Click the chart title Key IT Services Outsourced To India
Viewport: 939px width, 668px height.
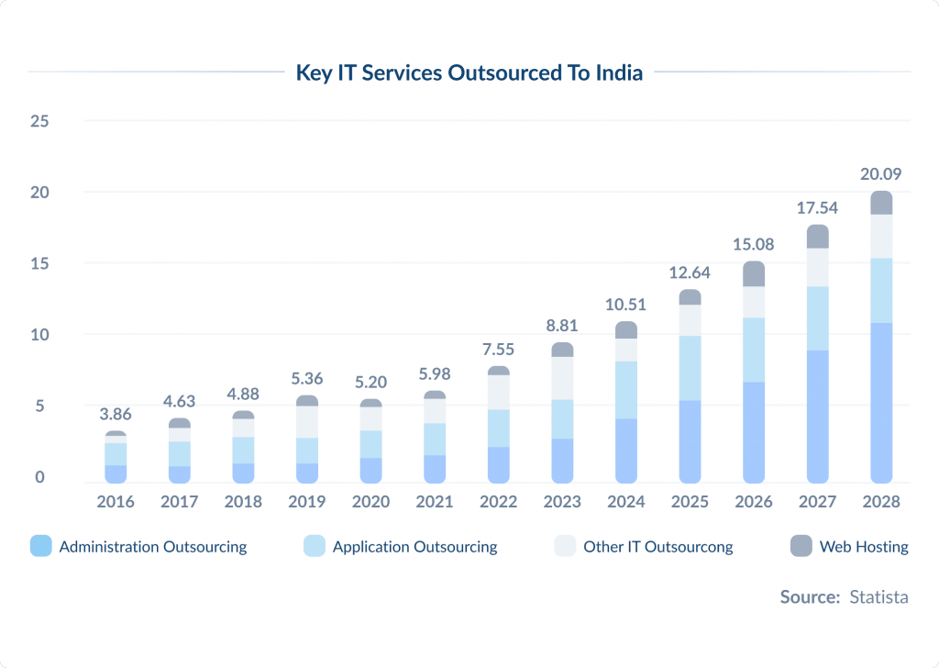coord(469,73)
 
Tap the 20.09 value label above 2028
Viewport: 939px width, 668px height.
coord(881,173)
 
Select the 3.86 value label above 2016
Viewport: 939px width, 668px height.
coord(116,414)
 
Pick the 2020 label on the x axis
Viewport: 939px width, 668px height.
coord(371,502)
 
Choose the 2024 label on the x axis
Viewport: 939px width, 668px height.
coord(626,502)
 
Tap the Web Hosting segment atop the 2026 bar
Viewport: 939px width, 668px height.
coord(754,273)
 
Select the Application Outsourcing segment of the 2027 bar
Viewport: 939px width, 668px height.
coord(817,317)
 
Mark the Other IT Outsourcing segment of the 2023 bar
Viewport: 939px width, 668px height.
coord(562,378)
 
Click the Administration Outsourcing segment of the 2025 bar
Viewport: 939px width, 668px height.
coord(690,440)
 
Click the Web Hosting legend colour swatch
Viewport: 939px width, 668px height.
coord(801,547)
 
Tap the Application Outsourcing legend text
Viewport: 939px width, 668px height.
coord(414,547)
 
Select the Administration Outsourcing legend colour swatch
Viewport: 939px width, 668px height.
coord(40,547)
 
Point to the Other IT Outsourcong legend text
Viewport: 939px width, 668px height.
coord(657,547)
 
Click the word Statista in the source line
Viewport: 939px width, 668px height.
coord(878,596)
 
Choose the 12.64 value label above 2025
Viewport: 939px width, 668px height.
coord(690,272)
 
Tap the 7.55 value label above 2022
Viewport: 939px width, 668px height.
coord(499,349)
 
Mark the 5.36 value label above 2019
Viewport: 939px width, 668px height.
coord(307,377)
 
